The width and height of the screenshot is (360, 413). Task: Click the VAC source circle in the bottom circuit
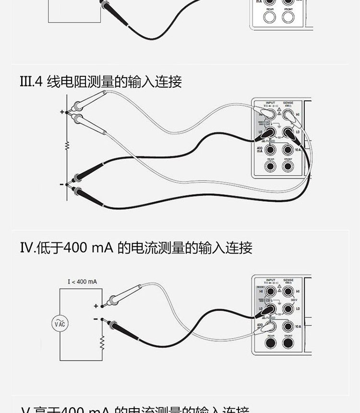pos(60,324)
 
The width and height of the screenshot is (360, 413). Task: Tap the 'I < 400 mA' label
pos(82,281)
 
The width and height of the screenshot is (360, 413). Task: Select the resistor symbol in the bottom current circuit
pos(102,342)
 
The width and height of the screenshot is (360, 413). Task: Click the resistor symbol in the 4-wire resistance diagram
pos(67,145)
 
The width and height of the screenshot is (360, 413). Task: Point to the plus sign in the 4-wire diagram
pos(61,111)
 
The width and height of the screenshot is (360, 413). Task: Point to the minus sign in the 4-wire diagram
pos(61,184)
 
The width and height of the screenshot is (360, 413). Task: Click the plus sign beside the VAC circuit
pos(96,305)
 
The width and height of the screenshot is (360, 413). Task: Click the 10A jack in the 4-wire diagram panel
pos(288,150)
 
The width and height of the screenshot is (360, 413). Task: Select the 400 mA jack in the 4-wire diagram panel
pos(271,150)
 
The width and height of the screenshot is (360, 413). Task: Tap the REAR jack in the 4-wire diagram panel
pos(271,167)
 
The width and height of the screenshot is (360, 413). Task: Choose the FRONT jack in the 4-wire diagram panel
pos(288,167)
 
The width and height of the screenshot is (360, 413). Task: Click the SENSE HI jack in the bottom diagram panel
pos(288,292)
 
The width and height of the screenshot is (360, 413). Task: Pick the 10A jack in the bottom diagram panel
pos(288,326)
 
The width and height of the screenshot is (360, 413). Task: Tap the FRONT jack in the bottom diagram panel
pos(288,343)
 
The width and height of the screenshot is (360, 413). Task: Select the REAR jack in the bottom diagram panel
pos(271,343)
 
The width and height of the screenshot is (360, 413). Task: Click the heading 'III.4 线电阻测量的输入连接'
pos(101,82)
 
